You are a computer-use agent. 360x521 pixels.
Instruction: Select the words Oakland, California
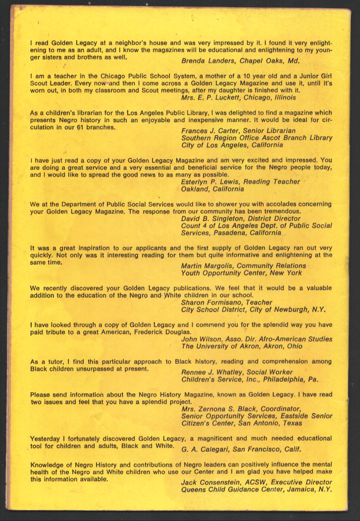coord(212,189)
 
